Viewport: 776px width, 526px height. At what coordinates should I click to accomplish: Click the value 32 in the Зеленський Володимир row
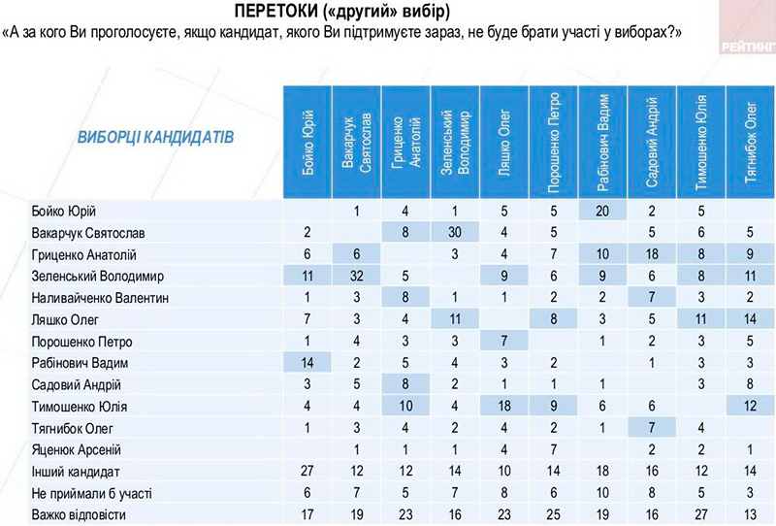coord(356,276)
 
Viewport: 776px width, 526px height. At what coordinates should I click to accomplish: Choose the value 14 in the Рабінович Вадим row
coord(307,362)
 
